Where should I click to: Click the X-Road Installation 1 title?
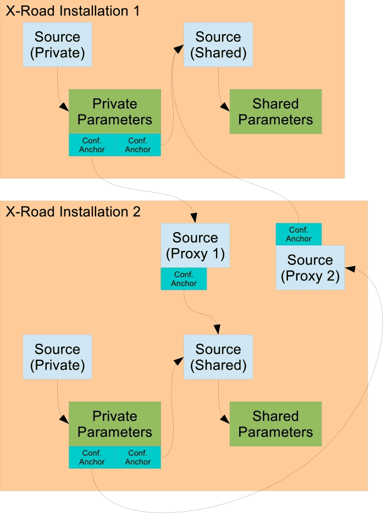73,10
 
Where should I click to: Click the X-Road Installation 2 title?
73,211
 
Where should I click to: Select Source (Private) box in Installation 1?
57,45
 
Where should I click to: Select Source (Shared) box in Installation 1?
218,45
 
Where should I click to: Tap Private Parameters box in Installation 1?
115,111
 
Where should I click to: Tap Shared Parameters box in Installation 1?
275,111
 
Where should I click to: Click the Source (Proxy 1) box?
195,245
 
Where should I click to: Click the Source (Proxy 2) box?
310,267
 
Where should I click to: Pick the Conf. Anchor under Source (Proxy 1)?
184,279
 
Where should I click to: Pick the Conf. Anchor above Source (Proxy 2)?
298,234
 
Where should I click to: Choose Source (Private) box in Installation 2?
57,357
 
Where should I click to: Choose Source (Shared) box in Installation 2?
218,357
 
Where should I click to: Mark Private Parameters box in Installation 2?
115,424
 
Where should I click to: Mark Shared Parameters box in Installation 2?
275,424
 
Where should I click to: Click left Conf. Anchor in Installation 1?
92,145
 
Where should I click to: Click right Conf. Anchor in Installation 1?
138,145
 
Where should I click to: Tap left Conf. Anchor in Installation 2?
92,457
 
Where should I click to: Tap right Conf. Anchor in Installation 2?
138,457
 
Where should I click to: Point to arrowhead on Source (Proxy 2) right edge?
350,269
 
